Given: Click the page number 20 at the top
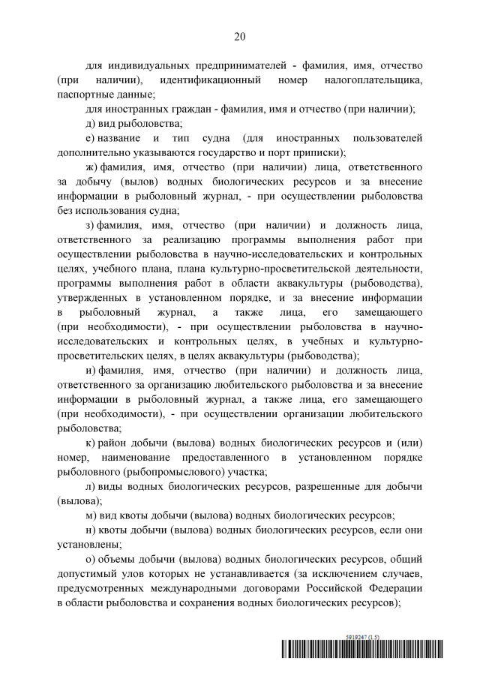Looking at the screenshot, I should point(240,35).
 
